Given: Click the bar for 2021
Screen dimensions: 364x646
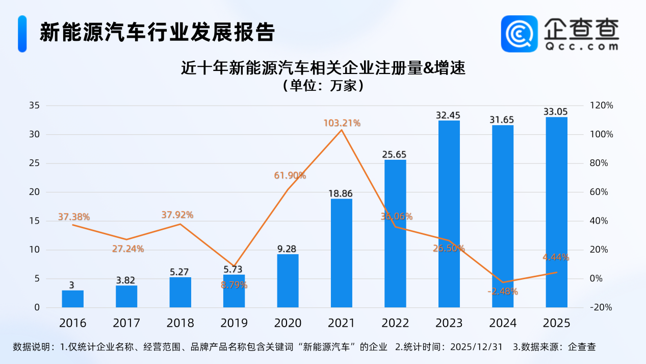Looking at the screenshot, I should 342,253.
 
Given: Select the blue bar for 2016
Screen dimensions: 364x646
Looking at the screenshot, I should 72,299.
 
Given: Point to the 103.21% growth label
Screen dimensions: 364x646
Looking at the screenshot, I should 342,123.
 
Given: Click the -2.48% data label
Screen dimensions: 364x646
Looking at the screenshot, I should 502,292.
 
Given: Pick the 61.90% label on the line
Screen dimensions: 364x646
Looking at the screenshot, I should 290,176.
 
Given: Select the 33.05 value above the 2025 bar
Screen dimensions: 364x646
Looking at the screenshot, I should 556,112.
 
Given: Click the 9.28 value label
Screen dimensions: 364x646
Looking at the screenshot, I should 288,249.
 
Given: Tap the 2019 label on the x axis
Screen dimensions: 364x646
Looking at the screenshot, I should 234,323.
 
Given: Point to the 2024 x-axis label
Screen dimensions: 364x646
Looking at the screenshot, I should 502,323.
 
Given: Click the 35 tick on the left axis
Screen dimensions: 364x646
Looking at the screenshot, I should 35,106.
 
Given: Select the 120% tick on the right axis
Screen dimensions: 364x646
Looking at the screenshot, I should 601,106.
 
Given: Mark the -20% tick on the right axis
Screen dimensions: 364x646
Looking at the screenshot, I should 601,307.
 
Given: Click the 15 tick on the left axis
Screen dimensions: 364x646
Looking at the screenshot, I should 35,221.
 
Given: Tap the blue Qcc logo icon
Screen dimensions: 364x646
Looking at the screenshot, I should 519,34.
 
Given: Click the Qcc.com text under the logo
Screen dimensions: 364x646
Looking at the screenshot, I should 581,46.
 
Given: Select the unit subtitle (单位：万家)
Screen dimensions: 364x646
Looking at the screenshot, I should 323,85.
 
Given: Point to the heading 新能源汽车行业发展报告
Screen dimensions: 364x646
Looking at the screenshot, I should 157,33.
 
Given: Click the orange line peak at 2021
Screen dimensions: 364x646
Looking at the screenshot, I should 342,130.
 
